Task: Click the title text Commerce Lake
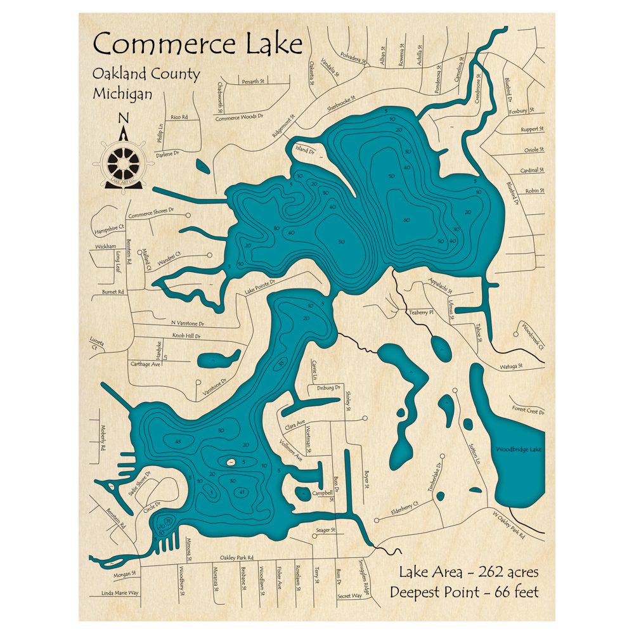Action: click(197, 45)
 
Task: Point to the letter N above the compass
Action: click(124, 118)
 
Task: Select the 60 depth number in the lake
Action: click(406, 220)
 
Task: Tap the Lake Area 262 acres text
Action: click(469, 572)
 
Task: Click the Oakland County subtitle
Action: click(146, 74)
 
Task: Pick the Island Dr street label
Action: click(305, 150)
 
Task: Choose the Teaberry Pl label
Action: click(420, 313)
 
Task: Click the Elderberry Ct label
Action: click(405, 508)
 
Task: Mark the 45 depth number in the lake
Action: click(178, 441)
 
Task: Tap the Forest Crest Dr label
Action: click(528, 411)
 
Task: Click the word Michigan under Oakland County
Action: click(122, 93)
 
